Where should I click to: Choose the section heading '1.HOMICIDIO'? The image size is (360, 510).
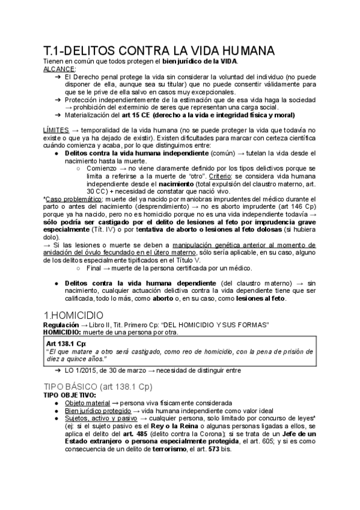[75, 315]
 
